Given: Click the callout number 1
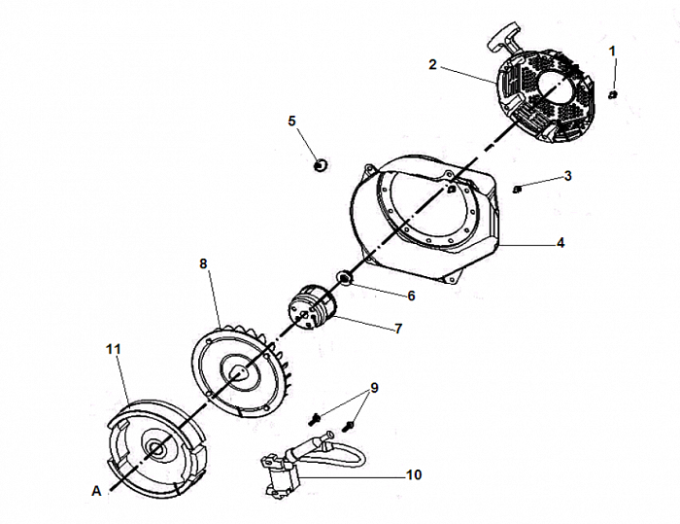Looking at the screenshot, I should [x=612, y=49].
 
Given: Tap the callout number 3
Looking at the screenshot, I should [x=568, y=176].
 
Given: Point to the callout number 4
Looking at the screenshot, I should [x=561, y=242].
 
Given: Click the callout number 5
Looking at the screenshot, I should [x=291, y=121].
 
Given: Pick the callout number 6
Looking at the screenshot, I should [x=412, y=295].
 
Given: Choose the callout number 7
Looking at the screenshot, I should [x=398, y=329].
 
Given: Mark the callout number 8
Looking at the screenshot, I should [x=203, y=263].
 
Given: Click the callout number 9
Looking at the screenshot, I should [x=375, y=388].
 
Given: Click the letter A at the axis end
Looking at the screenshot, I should [x=96, y=492].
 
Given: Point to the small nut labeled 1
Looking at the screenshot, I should [x=614, y=93].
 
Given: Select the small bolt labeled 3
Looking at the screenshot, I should [x=519, y=188].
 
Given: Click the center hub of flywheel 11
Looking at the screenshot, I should [x=155, y=447].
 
